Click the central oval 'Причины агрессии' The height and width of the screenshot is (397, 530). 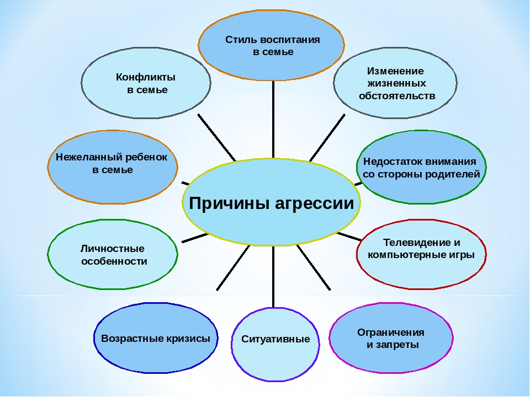click(x=271, y=202)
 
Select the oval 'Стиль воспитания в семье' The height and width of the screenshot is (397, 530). click(x=271, y=45)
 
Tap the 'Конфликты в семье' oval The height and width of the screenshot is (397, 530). click(x=146, y=83)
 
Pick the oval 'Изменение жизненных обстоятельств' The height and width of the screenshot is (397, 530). click(x=395, y=83)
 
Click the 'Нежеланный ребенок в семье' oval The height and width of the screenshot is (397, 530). click(x=113, y=167)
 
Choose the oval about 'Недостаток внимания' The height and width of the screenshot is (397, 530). click(x=421, y=167)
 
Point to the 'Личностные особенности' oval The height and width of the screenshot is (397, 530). click(x=113, y=255)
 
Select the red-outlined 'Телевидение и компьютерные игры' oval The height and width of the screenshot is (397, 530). click(x=421, y=255)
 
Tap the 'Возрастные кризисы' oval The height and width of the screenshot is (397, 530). click(x=156, y=338)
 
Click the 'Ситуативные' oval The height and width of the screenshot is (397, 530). click(x=275, y=344)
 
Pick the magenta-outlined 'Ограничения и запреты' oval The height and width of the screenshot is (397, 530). click(x=391, y=338)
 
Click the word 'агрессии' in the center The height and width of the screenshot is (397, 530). click(x=314, y=204)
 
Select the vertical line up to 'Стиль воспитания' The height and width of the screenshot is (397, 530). click(x=273, y=120)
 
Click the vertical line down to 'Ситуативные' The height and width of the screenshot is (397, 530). click(x=273, y=276)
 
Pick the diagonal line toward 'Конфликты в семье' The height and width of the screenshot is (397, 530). click(x=216, y=138)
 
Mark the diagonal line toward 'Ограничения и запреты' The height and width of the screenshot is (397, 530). click(x=314, y=267)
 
